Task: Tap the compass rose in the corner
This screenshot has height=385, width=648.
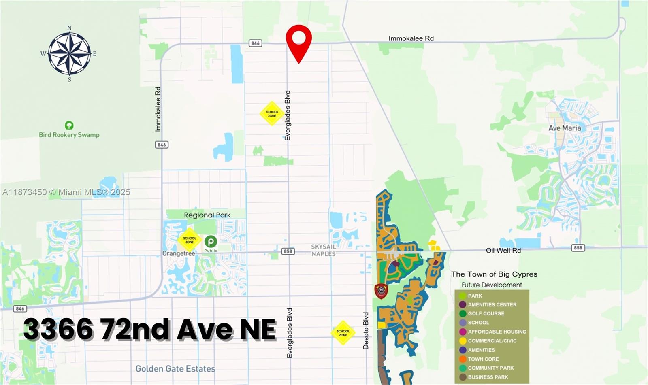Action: [x=69, y=53]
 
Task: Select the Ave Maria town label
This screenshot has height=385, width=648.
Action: [x=565, y=128]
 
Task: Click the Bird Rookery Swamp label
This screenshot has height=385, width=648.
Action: [x=69, y=135]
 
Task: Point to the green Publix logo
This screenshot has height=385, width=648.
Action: [x=211, y=242]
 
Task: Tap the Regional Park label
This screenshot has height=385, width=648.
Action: [x=207, y=215]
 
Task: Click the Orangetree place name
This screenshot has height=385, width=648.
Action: [x=179, y=253]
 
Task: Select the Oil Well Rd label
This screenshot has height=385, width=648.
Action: [x=503, y=250]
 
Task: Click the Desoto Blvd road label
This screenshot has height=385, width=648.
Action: [x=366, y=330]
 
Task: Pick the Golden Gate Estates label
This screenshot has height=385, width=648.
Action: [x=175, y=369]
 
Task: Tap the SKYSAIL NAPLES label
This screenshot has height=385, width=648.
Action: [x=323, y=250]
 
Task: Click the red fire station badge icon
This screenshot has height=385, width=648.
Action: [x=381, y=291]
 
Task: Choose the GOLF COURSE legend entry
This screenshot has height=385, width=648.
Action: [x=486, y=313]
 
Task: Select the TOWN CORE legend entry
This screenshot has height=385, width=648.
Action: [x=483, y=359]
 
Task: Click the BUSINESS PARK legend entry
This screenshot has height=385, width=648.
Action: [x=488, y=377]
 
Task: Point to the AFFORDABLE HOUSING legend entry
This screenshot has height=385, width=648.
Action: [x=497, y=332]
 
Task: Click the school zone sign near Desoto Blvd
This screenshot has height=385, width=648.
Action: [x=343, y=333]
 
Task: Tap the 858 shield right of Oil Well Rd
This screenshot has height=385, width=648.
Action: [x=578, y=248]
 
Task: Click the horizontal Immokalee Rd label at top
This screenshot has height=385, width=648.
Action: [x=411, y=38]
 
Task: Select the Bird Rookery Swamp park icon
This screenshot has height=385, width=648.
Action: [x=69, y=125]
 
